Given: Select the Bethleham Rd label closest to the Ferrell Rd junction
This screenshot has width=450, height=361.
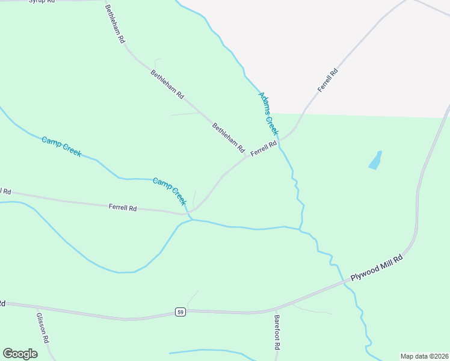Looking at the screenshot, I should click(229, 137).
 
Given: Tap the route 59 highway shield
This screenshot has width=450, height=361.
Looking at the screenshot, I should click(180, 312).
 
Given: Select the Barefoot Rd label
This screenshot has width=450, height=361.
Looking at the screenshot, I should click(277, 334).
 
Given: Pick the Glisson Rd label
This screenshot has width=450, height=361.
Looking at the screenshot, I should click(42, 327).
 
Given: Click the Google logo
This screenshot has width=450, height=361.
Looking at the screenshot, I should click(20, 353).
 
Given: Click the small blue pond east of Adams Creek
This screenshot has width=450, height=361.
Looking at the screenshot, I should click(375, 160).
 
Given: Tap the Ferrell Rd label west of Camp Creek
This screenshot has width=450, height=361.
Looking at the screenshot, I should click(123, 208).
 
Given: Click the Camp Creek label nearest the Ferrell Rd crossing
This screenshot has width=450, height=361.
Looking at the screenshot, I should click(170, 191).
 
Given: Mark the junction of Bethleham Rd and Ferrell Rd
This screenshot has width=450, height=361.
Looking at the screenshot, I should click(247, 157).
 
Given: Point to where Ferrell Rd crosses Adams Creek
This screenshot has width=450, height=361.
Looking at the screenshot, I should click(281, 140).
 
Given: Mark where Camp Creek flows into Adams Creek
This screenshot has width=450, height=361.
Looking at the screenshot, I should click(301, 229).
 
